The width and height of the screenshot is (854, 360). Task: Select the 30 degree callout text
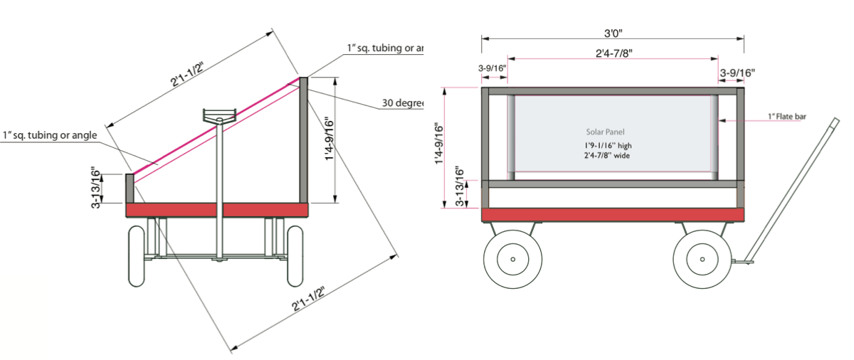(402, 103)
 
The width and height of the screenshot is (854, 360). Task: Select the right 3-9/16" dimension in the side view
(737, 73)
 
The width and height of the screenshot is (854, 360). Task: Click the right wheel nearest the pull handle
(702, 260)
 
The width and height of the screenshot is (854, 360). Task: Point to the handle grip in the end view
(218, 115)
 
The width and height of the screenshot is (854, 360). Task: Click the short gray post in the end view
(130, 189)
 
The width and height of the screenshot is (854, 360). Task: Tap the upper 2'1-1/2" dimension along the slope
(187, 73)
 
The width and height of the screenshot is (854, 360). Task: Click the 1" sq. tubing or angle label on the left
(50, 135)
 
